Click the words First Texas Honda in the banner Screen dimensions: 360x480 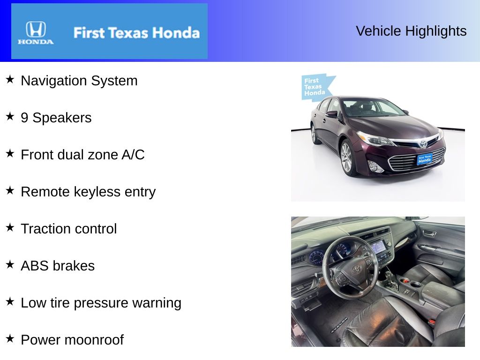pos(136,33)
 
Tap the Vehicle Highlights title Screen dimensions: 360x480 pos(411,31)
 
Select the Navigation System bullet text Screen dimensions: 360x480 pos(79,81)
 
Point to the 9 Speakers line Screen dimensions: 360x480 pos(56,118)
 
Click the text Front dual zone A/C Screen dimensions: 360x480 pos(82,155)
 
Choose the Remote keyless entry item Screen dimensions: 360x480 pos(88,192)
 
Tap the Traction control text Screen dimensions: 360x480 pos(69,229)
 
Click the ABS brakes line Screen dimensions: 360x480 pos(58,266)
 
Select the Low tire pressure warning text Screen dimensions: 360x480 pos(101,303)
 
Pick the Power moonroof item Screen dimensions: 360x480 pos(72,340)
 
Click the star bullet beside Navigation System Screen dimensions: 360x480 pos(10,80)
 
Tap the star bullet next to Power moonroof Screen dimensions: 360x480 pos(10,339)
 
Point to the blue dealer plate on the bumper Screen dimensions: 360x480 pos(424,159)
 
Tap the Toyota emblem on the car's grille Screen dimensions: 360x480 pos(423,144)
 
